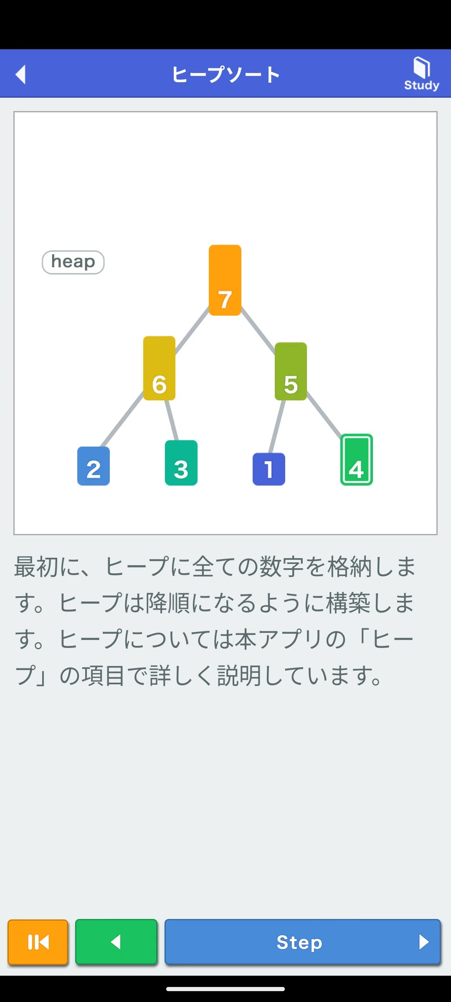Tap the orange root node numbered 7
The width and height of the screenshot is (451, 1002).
tap(225, 280)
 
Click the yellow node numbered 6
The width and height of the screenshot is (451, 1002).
tap(159, 368)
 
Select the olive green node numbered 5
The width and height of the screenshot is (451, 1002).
tap(291, 372)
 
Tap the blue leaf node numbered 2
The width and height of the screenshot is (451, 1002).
tap(94, 466)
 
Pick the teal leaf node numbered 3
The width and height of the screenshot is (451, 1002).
tap(181, 463)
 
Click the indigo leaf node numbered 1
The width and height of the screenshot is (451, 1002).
tap(269, 469)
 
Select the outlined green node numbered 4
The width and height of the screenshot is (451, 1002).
tap(357, 459)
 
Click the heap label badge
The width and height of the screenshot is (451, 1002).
tap(73, 262)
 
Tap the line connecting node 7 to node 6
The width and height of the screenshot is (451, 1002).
tap(192, 330)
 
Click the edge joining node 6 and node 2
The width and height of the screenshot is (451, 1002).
tap(122, 419)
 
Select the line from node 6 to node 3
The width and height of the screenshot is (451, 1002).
tap(172, 420)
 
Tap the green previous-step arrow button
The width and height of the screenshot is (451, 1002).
tap(116, 942)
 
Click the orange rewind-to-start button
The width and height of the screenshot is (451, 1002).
tap(38, 942)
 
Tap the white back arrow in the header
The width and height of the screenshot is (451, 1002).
tap(20, 74)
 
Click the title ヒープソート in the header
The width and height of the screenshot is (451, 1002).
tap(225, 74)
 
